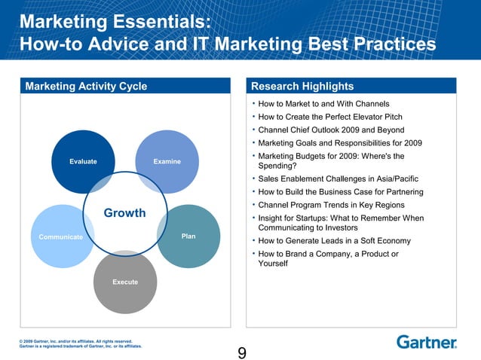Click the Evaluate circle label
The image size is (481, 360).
click(82, 161)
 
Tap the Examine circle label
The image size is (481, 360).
click(166, 161)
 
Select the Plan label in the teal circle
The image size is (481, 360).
click(188, 236)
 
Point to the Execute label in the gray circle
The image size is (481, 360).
click(125, 282)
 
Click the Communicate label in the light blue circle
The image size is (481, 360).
click(61, 236)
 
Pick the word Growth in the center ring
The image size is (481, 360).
click(124, 213)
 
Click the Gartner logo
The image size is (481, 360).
click(427, 342)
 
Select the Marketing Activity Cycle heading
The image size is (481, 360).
click(86, 86)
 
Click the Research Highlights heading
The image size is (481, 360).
click(302, 86)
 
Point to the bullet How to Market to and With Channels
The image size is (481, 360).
click(323, 104)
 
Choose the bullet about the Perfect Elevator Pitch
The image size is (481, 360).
click(329, 117)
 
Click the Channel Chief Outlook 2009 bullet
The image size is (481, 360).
click(331, 130)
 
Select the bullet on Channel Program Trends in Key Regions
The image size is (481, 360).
click(331, 205)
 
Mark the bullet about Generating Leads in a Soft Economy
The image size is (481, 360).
click(334, 241)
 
